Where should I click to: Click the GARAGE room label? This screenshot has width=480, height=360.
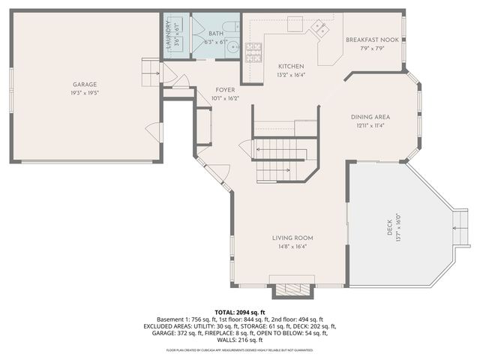(x=85, y=85)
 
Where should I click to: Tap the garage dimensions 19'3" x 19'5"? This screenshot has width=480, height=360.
(x=85, y=93)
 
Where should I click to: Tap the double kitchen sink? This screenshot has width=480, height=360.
(x=319, y=28)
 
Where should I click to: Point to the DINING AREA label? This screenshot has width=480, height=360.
(x=370, y=117)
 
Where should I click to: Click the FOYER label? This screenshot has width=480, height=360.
(x=226, y=90)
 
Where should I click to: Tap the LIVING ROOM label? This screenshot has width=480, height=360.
(x=292, y=238)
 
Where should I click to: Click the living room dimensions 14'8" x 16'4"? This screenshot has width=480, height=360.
(x=292, y=246)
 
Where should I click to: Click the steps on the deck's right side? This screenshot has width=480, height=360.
(x=460, y=228)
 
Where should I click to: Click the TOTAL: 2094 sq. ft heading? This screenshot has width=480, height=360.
(x=240, y=312)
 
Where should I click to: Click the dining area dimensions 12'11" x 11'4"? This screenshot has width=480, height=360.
(x=370, y=125)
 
